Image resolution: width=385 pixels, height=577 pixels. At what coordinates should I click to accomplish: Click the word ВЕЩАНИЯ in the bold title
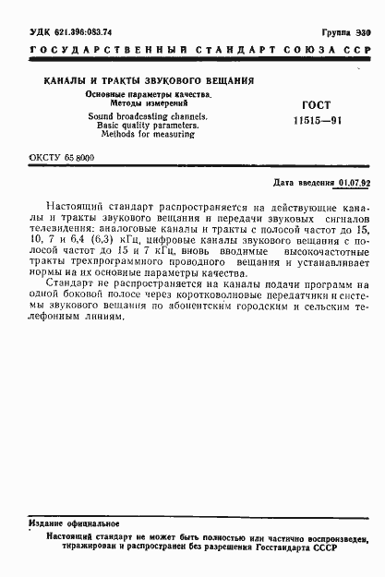[x=222, y=81]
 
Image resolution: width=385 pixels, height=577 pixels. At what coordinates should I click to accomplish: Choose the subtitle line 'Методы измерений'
[x=123, y=103]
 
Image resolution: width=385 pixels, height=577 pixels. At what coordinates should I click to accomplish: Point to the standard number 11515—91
[x=316, y=121]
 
